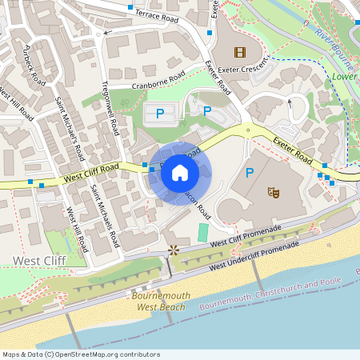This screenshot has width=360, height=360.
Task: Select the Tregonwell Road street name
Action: (x=110, y=115)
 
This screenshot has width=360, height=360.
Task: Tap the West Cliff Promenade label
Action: (x=244, y=238)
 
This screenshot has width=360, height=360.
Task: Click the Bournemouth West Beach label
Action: (x=160, y=301)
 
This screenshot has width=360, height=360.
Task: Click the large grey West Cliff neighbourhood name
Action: (x=38, y=261)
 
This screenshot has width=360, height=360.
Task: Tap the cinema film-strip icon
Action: (x=238, y=52)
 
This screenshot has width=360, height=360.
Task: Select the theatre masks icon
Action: (x=273, y=192)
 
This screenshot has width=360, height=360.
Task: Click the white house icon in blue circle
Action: (x=180, y=172)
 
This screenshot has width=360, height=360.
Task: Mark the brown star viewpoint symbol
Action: (x=173, y=250)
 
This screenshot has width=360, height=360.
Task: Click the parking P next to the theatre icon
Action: (x=249, y=172)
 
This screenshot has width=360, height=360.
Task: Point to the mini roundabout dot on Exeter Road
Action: (x=249, y=129)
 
